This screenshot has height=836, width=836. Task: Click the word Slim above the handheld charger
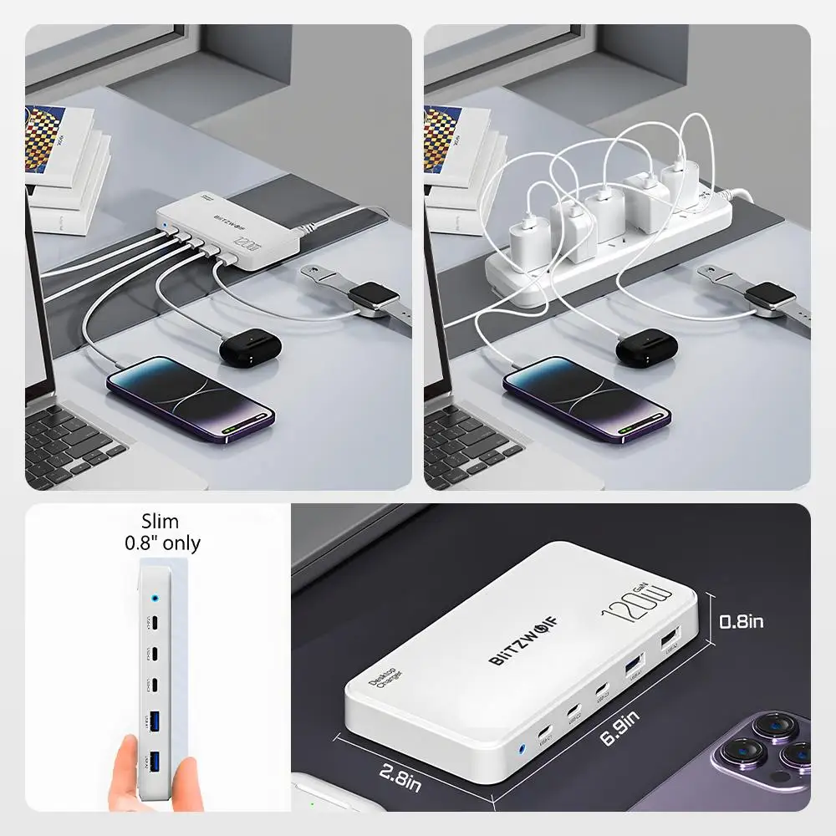tap(160, 522)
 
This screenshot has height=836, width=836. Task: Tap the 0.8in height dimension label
tap(742, 621)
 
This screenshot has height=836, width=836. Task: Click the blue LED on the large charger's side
tap(524, 750)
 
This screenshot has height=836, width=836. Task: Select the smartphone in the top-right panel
tap(587, 395)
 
